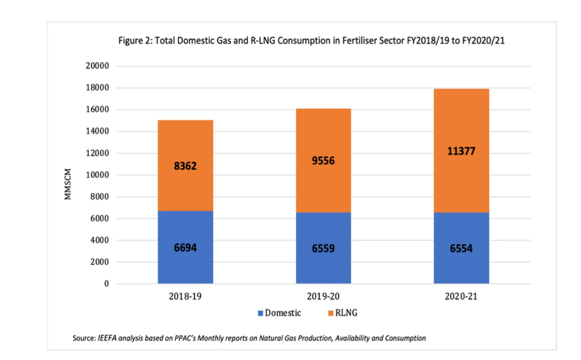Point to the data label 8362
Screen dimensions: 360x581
click(x=185, y=167)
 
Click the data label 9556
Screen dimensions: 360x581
click(x=323, y=160)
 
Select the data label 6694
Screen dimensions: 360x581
click(x=185, y=247)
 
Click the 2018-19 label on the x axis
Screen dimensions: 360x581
click(x=185, y=296)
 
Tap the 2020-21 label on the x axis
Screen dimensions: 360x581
click(x=461, y=296)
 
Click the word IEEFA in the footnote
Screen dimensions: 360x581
click(x=106, y=338)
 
